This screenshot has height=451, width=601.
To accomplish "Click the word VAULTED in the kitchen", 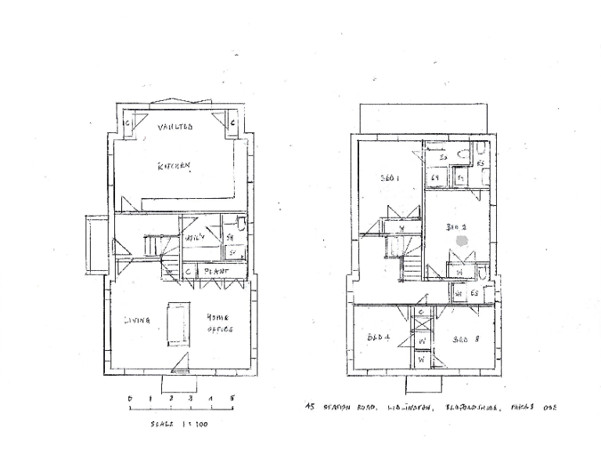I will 175,127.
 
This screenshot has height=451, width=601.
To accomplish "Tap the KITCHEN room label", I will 175,166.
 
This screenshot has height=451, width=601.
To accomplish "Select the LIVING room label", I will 137,320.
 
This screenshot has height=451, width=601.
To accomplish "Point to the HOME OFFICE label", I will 219,324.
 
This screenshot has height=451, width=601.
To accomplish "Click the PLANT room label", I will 216,272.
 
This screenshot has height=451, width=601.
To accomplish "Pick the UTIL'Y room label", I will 195,236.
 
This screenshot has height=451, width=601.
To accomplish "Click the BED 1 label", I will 390,179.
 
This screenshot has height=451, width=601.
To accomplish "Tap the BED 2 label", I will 456,228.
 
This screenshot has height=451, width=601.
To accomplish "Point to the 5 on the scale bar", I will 232,399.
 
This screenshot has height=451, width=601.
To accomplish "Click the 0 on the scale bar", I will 130,399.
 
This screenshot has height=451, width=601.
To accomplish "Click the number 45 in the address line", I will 310,406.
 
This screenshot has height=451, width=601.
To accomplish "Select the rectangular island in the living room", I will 176,323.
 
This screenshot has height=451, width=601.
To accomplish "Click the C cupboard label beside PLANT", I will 189,272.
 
